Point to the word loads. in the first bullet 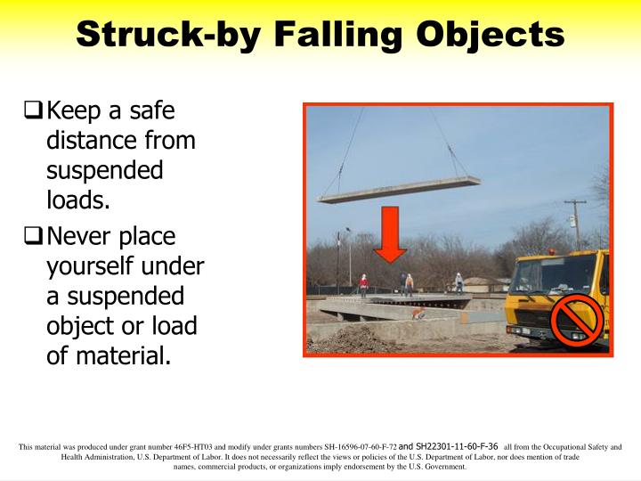pyautogui.click(x=77, y=200)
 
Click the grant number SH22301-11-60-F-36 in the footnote pyautogui.click(x=448, y=445)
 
